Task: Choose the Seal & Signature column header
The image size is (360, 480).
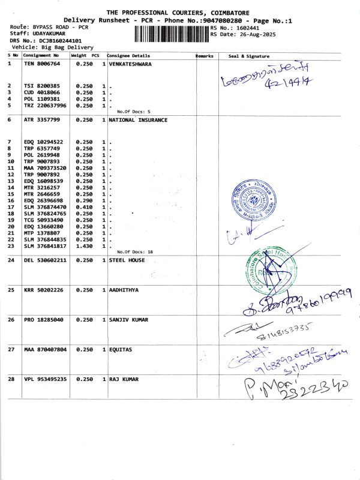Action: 249,56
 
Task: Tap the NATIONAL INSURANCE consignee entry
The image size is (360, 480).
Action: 138,120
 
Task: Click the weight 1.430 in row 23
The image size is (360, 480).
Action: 83,246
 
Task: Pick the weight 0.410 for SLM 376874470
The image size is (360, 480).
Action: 83,207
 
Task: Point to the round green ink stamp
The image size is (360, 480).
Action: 266,271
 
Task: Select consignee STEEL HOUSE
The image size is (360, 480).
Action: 127,260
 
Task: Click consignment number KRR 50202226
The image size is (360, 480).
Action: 44,290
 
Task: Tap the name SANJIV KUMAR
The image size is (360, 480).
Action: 128,320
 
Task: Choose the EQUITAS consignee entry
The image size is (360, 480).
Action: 121,349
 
